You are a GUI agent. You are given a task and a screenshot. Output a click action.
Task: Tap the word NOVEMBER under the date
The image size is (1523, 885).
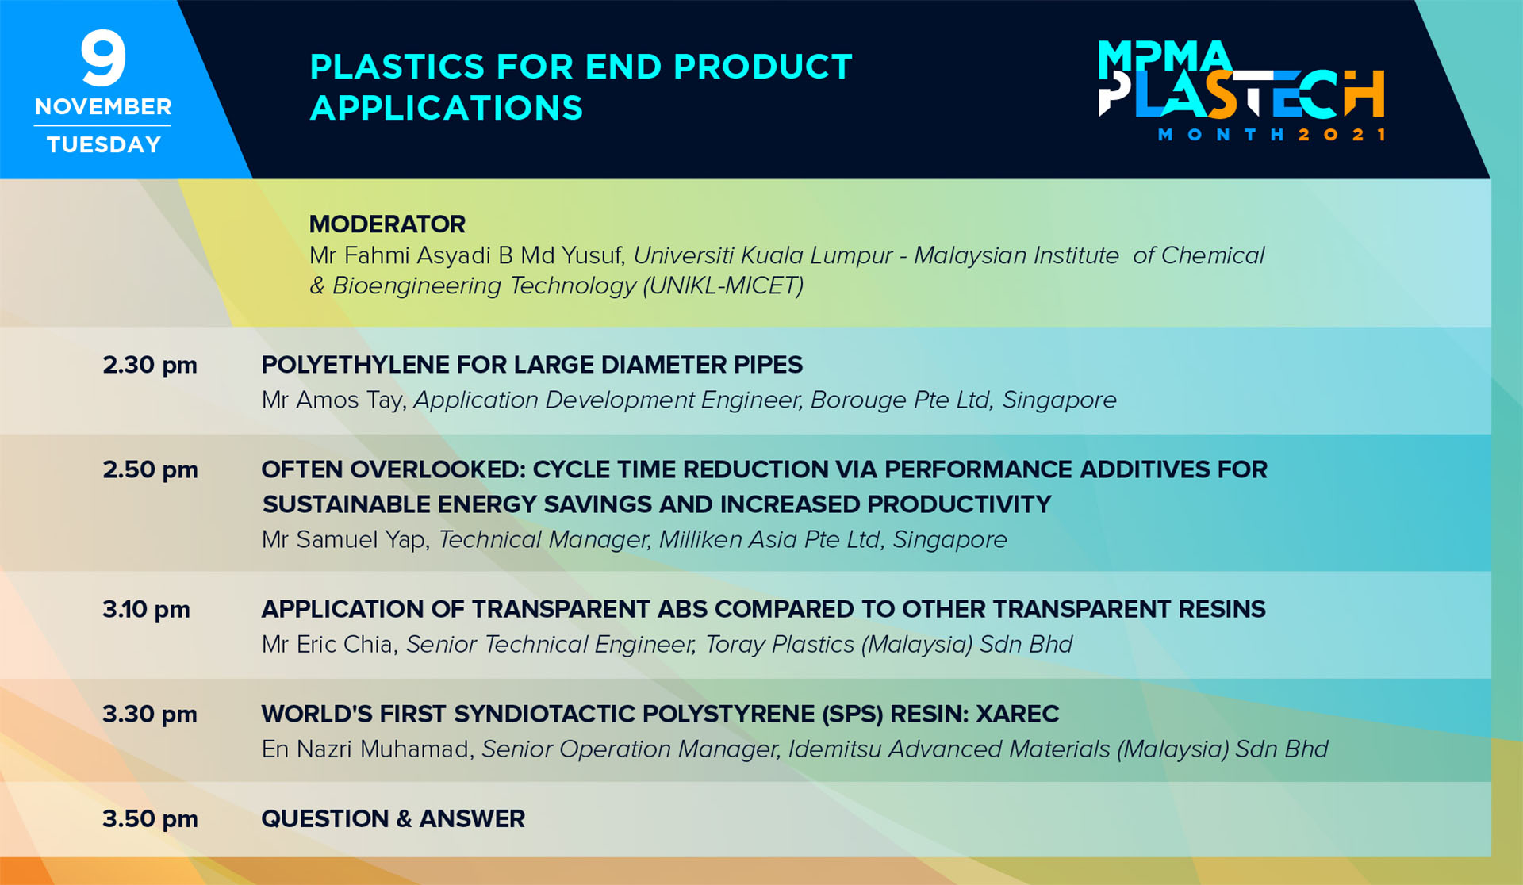click(103, 106)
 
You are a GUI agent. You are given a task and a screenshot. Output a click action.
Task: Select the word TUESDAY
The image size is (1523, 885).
click(104, 144)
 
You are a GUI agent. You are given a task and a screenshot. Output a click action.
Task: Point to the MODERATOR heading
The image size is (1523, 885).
click(387, 224)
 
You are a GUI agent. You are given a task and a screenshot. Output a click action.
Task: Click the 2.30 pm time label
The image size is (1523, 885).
click(150, 366)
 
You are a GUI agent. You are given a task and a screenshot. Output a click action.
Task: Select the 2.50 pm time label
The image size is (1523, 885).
click(150, 470)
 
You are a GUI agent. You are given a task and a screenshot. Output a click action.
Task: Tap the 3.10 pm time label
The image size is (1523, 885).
click(146, 610)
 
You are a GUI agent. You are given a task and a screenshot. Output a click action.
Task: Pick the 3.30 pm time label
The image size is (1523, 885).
click(150, 715)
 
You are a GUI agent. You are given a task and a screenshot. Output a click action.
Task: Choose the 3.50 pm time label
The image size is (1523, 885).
click(150, 819)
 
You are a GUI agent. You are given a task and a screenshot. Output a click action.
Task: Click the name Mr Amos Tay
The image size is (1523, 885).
click(333, 400)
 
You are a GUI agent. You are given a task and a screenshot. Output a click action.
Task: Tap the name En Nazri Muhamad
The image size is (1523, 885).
click(367, 749)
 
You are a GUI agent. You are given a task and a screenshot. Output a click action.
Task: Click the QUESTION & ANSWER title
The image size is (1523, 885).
click(393, 819)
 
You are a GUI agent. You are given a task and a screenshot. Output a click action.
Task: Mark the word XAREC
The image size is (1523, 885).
click(1018, 715)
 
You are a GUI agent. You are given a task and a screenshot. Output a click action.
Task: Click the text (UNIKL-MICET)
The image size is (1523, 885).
click(723, 286)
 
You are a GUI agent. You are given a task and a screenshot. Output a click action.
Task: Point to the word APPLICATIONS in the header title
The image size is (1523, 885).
click(447, 108)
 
